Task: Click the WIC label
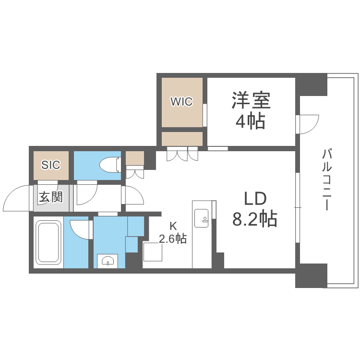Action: point(182,102)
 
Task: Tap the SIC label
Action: point(50,165)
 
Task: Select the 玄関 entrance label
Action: point(50,197)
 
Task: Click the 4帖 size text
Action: point(250,122)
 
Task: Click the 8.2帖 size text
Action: point(254,219)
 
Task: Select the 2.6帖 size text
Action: point(173,239)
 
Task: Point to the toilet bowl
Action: point(109,165)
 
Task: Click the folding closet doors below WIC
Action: point(182,155)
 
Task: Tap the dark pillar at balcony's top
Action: point(311,84)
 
